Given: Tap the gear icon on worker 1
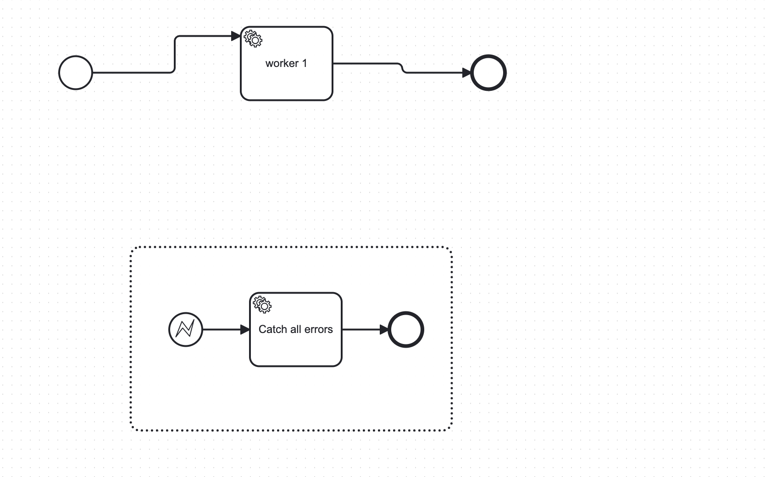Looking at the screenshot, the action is coord(253,39).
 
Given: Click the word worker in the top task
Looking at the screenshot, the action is coord(282,63).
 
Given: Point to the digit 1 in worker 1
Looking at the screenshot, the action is coord(305,63).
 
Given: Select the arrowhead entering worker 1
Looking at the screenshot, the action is coord(236,36).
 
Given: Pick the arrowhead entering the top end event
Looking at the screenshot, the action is coord(466,73).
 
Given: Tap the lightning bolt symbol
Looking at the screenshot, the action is coord(185,328).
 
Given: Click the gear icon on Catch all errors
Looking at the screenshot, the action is coord(262,305).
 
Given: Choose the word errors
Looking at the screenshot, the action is coord(318,329).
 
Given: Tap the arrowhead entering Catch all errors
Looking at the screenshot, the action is coord(245,329).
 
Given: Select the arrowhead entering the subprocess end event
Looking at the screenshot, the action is coord(384,329).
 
